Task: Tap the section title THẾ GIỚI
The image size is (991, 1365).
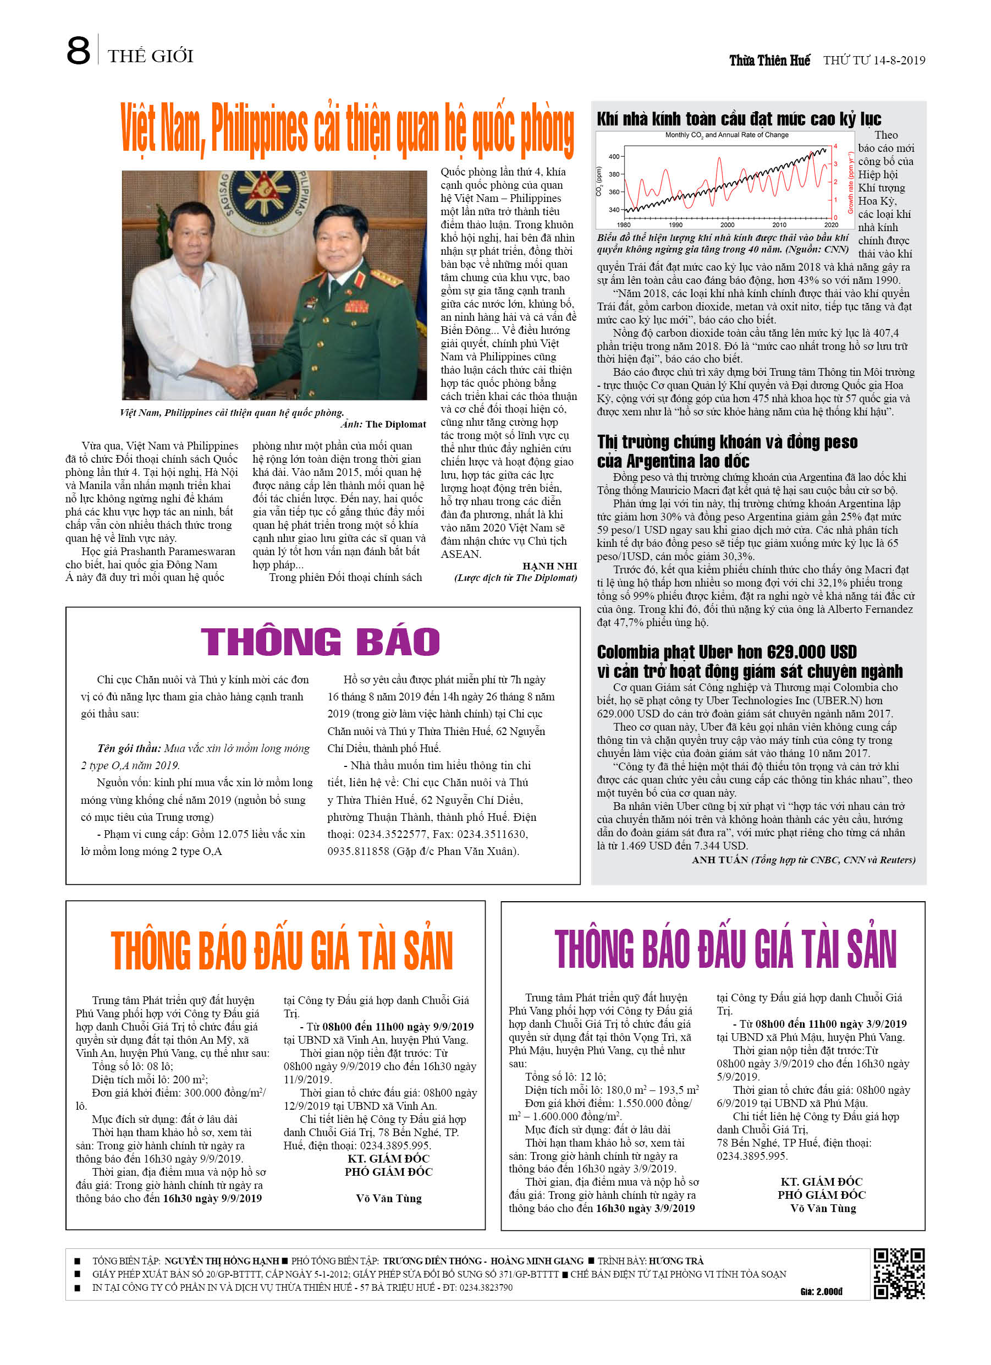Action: point(151,57)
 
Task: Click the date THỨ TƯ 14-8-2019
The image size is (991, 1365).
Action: point(874,60)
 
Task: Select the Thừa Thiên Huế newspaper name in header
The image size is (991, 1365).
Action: point(769,60)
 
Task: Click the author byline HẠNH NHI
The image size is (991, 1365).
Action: point(549,566)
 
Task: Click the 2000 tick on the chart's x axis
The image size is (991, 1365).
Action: point(727,225)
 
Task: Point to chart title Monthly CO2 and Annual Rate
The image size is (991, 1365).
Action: point(726,135)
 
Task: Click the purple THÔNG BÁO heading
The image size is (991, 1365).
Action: point(320,642)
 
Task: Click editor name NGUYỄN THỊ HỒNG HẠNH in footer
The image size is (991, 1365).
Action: point(222,1261)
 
